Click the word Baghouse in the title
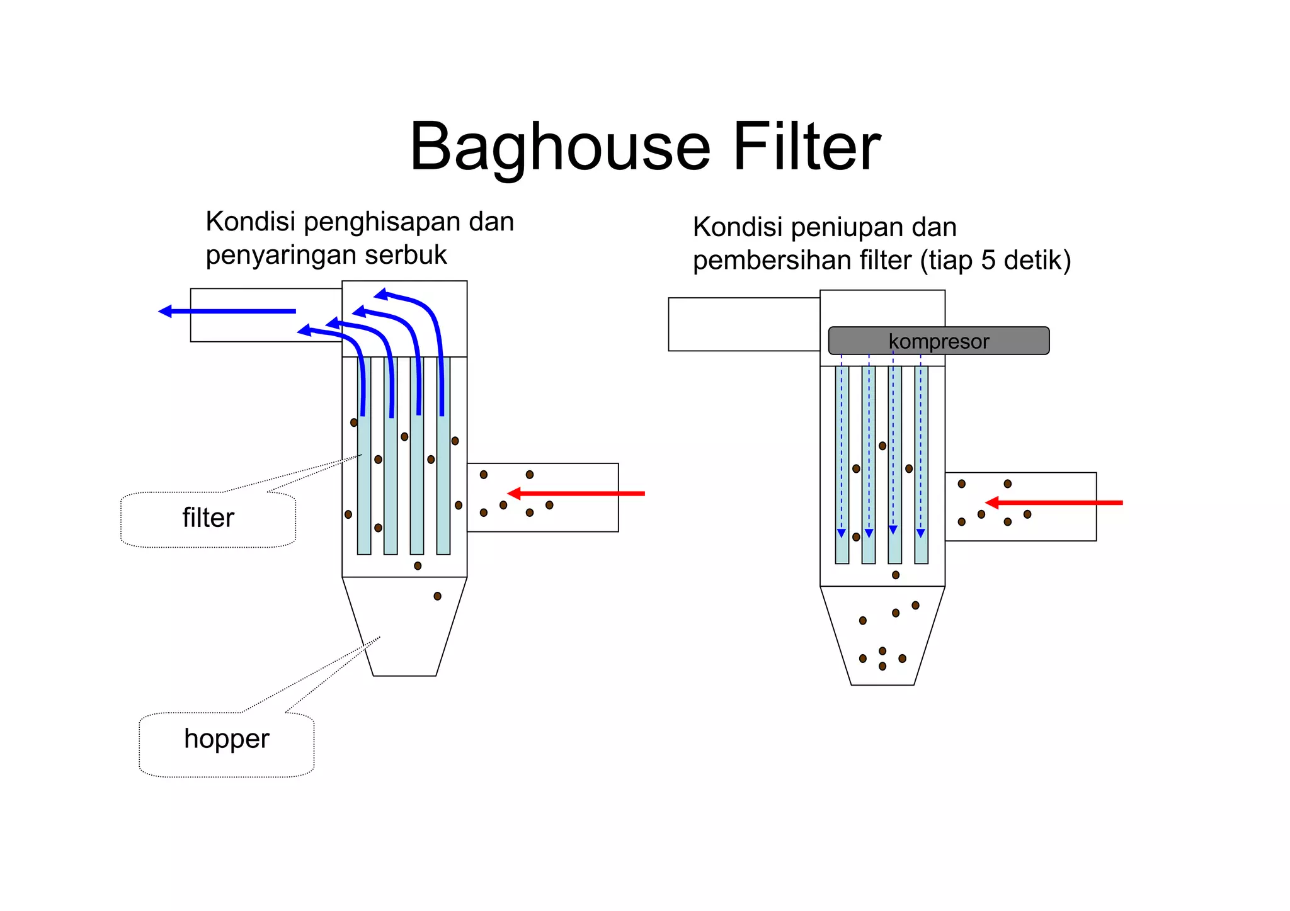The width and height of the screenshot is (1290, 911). click(560, 147)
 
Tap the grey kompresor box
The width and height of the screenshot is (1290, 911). click(939, 341)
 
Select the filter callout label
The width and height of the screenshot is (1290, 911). click(208, 519)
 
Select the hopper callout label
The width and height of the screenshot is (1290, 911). click(226, 739)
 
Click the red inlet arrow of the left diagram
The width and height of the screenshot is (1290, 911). click(576, 494)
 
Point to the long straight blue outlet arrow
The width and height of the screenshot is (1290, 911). click(227, 311)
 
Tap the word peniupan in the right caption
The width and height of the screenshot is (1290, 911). click(848, 228)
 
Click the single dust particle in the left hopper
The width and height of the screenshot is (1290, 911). click(437, 596)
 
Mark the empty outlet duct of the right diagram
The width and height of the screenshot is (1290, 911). click(744, 324)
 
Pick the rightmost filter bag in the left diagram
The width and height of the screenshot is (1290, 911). click(443, 485)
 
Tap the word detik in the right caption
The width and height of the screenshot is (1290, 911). click(1037, 261)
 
